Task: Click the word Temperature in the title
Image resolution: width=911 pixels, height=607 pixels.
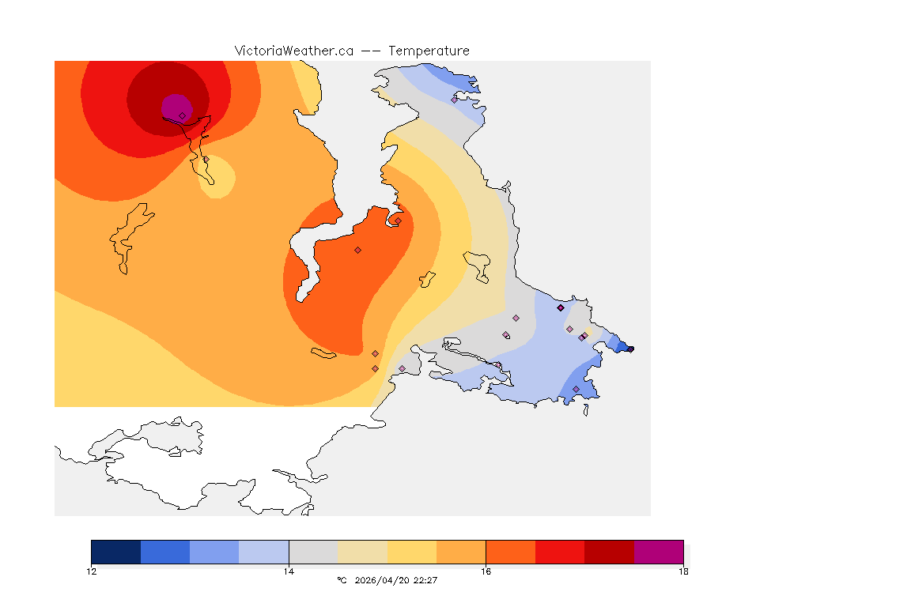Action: point(429,51)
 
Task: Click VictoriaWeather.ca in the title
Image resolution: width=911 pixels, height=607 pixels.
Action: point(293,51)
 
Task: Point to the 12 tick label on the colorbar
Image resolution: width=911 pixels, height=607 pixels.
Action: point(92,571)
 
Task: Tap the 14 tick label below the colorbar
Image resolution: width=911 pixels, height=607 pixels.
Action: point(289,571)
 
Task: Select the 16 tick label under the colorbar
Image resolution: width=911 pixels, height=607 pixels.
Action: point(486,571)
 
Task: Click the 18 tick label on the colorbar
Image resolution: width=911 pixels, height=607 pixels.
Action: point(683,571)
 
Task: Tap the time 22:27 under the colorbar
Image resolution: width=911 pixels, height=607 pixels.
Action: point(425,580)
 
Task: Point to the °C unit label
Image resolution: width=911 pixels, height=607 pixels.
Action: point(342,580)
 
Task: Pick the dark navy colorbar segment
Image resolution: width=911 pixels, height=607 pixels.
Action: point(116,552)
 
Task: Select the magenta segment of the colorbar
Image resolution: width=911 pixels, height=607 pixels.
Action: point(659,552)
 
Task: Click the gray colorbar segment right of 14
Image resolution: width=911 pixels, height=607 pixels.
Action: point(313,552)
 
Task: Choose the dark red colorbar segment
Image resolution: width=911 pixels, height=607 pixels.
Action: point(610,552)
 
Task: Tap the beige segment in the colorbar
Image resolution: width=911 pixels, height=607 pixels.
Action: point(363,552)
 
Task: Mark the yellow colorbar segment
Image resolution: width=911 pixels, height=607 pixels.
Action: point(412,552)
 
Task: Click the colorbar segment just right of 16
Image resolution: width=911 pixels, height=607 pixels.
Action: point(511,552)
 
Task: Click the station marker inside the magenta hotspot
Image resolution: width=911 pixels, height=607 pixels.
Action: point(182,115)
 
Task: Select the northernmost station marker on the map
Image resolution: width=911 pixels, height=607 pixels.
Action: point(454,100)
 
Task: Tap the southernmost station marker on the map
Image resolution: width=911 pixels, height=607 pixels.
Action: point(576,389)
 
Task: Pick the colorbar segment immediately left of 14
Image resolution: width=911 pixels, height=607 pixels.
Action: point(264,552)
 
